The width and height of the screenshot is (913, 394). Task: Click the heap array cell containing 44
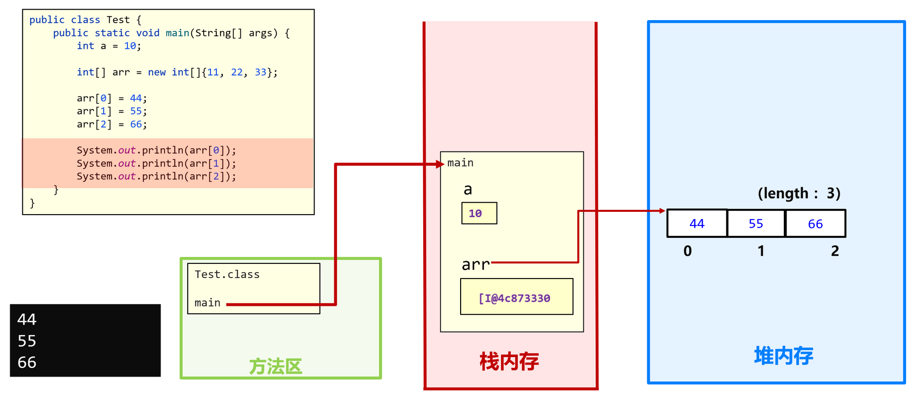(x=697, y=224)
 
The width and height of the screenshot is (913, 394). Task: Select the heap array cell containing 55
(x=756, y=224)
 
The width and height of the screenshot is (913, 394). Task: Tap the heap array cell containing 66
(x=815, y=224)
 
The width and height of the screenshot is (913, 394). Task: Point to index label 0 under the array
(x=687, y=251)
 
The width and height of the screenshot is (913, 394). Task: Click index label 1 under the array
(x=761, y=251)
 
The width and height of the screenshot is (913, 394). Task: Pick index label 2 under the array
(x=835, y=251)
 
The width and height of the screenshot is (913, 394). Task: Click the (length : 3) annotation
(x=799, y=194)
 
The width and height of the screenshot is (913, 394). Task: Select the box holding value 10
(x=479, y=213)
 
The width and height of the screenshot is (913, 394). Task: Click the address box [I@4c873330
(x=516, y=297)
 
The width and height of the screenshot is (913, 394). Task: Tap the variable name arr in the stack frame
(x=475, y=264)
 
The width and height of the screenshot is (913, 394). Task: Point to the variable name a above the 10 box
(x=468, y=189)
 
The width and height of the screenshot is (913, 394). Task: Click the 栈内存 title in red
(x=509, y=362)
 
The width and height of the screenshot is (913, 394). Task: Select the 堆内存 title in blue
(x=783, y=356)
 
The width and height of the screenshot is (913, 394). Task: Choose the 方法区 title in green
(x=275, y=367)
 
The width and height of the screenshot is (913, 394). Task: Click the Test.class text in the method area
(x=227, y=274)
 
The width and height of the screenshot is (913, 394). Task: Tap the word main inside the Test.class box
(x=207, y=303)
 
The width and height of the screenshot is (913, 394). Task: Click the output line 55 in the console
(x=27, y=341)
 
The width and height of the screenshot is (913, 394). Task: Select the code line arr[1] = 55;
(x=112, y=111)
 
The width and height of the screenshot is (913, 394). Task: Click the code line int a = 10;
(x=109, y=46)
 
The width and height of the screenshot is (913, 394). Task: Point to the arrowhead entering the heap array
(x=662, y=211)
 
